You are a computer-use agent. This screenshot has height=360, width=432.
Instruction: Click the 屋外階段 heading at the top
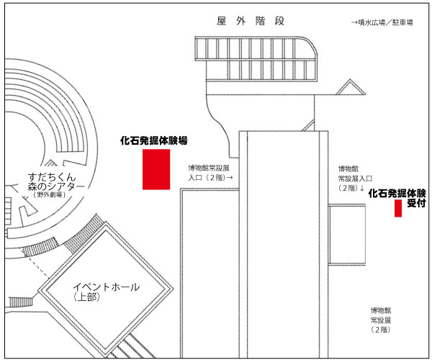click(251, 21)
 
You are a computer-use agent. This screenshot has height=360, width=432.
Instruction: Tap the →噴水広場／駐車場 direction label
click(382, 22)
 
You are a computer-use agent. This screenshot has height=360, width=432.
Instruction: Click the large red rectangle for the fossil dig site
click(156, 169)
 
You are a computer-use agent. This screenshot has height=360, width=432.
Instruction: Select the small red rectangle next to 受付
click(398, 208)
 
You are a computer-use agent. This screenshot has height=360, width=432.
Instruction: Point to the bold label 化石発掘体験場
click(154, 140)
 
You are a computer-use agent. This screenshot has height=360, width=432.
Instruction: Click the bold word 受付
click(416, 203)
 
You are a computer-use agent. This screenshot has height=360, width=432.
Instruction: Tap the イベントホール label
click(107, 287)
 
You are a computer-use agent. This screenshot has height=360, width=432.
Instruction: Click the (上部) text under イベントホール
click(86, 297)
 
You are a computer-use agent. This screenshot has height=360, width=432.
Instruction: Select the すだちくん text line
click(52, 176)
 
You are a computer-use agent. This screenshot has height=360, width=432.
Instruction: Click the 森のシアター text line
click(56, 186)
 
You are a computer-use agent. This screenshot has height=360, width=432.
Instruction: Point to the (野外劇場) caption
click(50, 194)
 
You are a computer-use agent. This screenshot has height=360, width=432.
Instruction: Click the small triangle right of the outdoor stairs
click(351, 87)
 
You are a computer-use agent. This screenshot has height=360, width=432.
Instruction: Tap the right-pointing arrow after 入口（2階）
click(229, 178)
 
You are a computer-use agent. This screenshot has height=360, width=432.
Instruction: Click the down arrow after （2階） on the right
click(362, 188)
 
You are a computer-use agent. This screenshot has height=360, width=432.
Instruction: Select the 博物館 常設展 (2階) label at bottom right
click(381, 320)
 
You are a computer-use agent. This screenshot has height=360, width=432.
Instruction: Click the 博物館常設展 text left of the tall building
click(209, 168)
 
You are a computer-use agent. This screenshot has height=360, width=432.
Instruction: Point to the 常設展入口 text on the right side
click(355, 179)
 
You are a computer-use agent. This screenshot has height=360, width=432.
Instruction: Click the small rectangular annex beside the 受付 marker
click(347, 235)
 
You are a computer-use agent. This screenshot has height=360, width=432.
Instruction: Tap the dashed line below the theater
click(38, 266)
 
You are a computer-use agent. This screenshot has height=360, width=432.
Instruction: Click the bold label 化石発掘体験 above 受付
click(397, 194)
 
